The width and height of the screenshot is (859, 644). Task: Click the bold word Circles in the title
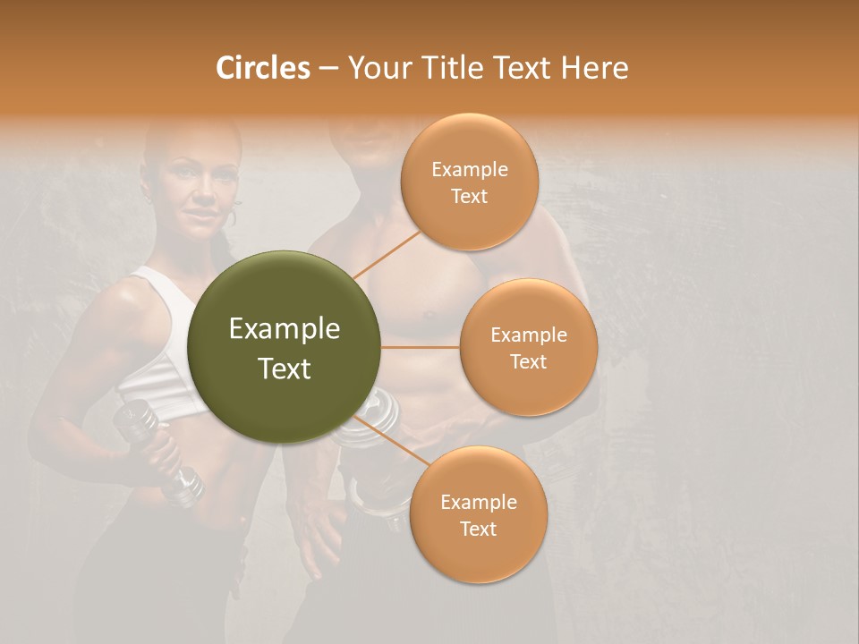[262, 68]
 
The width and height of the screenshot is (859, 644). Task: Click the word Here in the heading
[594, 68]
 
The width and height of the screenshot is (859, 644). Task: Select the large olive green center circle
[285, 348]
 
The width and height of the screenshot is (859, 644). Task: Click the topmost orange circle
[469, 182]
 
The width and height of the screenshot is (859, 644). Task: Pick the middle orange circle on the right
[528, 347]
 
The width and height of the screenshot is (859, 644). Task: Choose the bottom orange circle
[478, 515]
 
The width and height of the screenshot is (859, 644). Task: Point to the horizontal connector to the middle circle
[421, 347]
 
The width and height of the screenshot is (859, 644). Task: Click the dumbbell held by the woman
[161, 452]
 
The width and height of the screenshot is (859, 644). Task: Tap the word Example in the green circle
[285, 329]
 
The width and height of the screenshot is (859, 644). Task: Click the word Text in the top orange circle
[469, 196]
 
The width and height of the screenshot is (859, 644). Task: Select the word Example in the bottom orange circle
[478, 502]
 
